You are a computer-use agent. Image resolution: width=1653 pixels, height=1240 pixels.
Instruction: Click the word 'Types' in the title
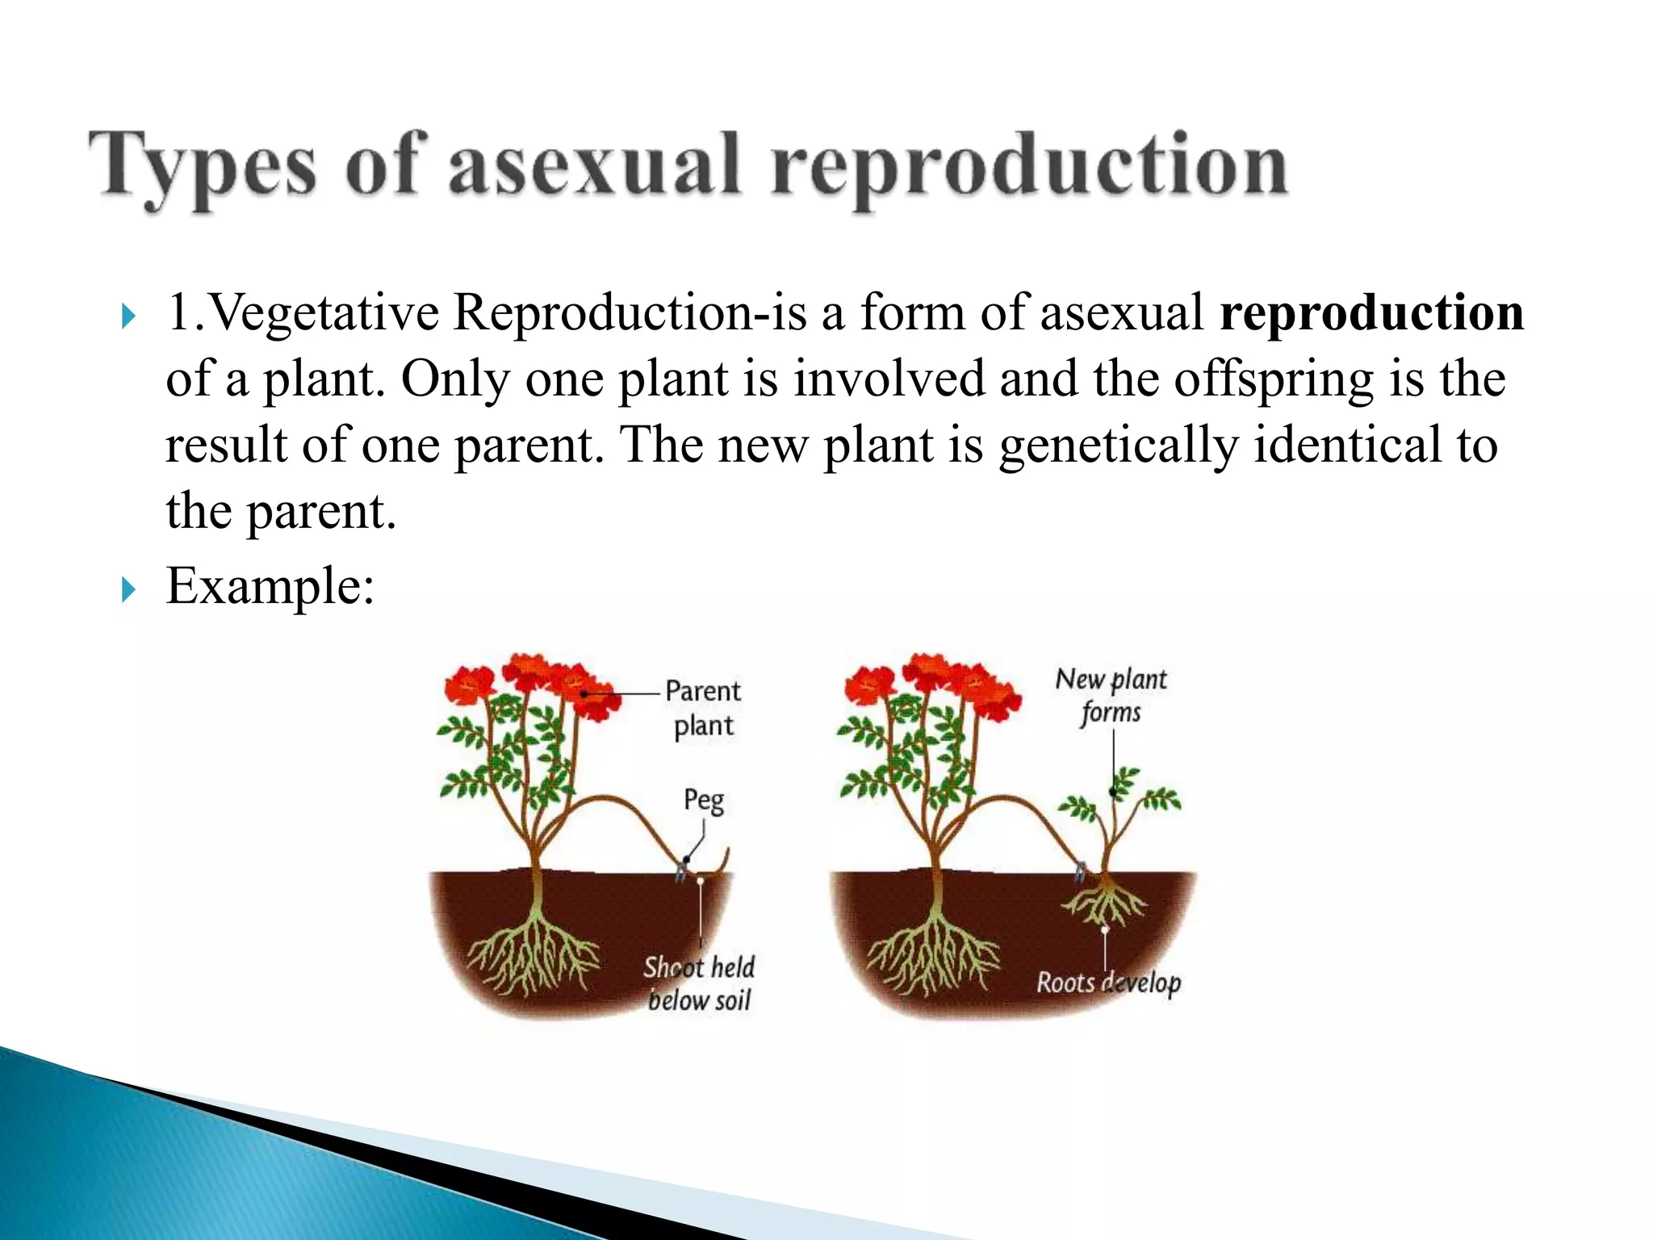pyautogui.click(x=202, y=166)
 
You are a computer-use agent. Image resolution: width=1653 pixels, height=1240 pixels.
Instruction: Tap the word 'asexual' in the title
pyautogui.click(x=593, y=166)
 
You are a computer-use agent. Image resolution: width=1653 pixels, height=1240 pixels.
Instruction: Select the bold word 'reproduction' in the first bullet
pyautogui.click(x=1371, y=312)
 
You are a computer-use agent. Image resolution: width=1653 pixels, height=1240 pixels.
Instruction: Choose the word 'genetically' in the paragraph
pyautogui.click(x=1118, y=445)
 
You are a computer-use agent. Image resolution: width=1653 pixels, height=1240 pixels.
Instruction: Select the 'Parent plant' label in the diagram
pyautogui.click(x=703, y=708)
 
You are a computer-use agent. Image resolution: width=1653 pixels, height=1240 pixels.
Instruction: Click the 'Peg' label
pyautogui.click(x=704, y=800)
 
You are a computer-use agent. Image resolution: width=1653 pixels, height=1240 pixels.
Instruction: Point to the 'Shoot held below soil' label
pyautogui.click(x=699, y=983)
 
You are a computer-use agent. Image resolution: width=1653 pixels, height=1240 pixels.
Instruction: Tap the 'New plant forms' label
pyautogui.click(x=1111, y=695)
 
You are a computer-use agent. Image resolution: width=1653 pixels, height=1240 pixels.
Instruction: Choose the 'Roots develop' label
pyautogui.click(x=1108, y=982)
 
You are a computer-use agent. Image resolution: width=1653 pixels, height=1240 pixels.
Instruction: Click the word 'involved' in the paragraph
pyautogui.click(x=889, y=379)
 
